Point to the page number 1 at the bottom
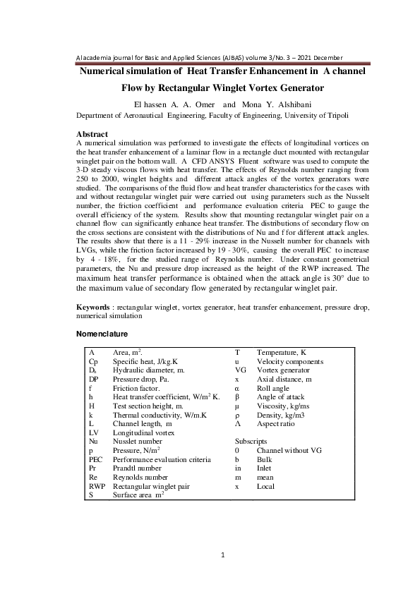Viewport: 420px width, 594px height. click(x=223, y=555)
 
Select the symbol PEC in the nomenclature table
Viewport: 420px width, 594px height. click(x=96, y=459)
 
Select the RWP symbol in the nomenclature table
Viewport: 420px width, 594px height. click(x=97, y=486)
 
